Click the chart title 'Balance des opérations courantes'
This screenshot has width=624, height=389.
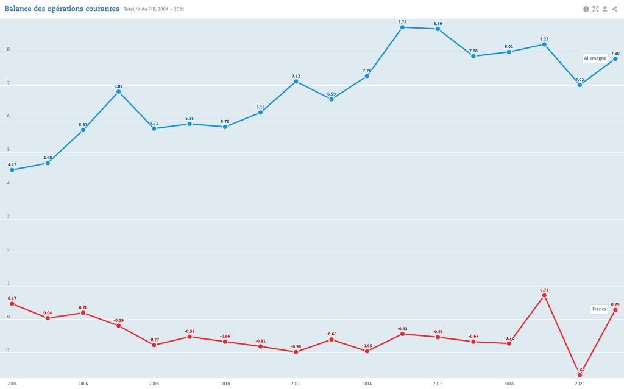click(62, 9)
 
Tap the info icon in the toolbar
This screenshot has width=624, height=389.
click(586, 9)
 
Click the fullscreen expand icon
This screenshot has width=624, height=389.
click(595, 9)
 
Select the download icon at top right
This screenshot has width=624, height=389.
click(605, 9)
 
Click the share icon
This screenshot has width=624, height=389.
click(614, 9)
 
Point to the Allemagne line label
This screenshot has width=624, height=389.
click(595, 58)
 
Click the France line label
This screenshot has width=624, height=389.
click(599, 309)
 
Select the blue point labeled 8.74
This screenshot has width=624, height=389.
click(402, 27)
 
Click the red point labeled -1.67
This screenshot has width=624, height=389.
click(580, 375)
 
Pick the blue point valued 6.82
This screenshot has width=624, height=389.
click(118, 92)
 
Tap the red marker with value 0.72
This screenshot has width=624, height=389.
click(544, 295)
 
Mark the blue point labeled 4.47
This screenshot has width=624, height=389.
click(12, 170)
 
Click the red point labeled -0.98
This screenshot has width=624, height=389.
click(296, 352)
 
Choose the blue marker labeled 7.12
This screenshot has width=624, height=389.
click(296, 82)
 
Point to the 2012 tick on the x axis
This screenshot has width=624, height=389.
click(296, 384)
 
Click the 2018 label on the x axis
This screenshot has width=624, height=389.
click(509, 384)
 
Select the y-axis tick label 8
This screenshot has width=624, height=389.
click(9, 50)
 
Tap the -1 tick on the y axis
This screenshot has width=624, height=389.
click(8, 350)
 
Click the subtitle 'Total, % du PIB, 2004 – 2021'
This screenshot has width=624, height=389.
click(154, 10)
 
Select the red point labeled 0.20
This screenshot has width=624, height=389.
click(83, 313)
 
